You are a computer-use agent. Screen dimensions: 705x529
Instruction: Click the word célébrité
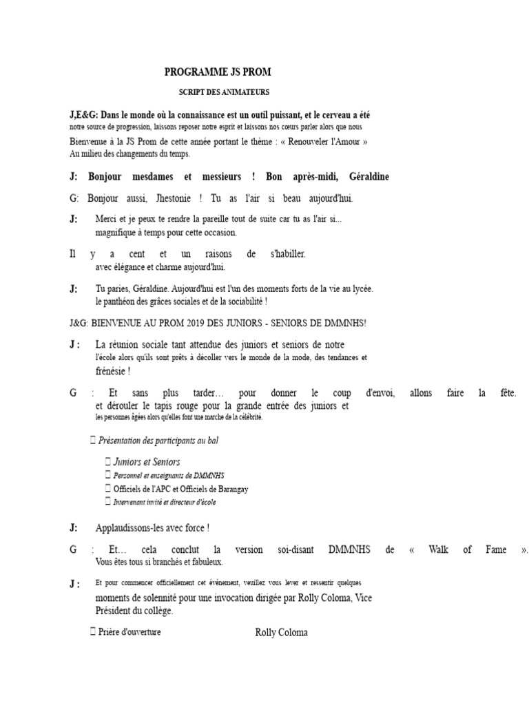pyautogui.click(x=247, y=417)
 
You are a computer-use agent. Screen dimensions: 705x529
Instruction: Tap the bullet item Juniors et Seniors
pyautogui.click(x=147, y=462)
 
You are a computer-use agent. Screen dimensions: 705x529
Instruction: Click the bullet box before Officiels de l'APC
pyautogui.click(x=107, y=489)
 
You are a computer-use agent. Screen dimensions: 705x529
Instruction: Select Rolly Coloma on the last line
pyautogui.click(x=281, y=633)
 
